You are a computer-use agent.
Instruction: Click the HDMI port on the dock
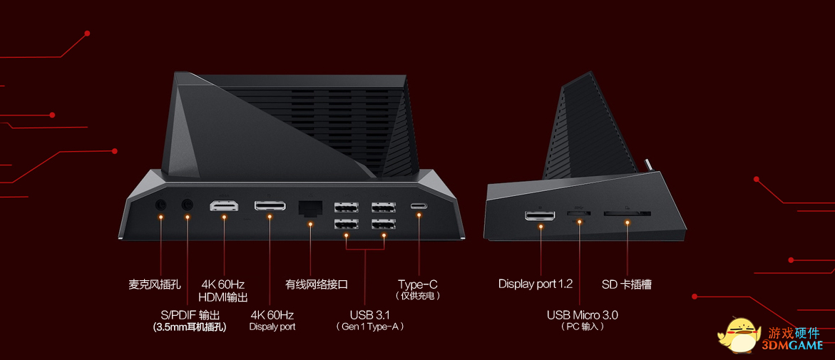[x=224, y=207]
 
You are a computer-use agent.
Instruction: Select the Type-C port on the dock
[x=419, y=207]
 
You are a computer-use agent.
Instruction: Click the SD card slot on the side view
[x=627, y=213]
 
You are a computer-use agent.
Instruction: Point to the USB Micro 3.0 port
[x=579, y=213]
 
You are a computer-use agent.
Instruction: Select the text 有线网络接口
[x=317, y=284]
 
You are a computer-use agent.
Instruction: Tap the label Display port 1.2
[x=535, y=284]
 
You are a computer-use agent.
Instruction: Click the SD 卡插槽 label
[x=626, y=284]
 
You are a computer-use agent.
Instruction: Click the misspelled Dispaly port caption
[x=272, y=326]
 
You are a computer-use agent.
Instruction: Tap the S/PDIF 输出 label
[x=190, y=314]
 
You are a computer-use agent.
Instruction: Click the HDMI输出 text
[x=223, y=297]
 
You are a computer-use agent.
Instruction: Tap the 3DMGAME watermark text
[x=796, y=345]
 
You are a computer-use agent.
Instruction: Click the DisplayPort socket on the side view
[x=541, y=215]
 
